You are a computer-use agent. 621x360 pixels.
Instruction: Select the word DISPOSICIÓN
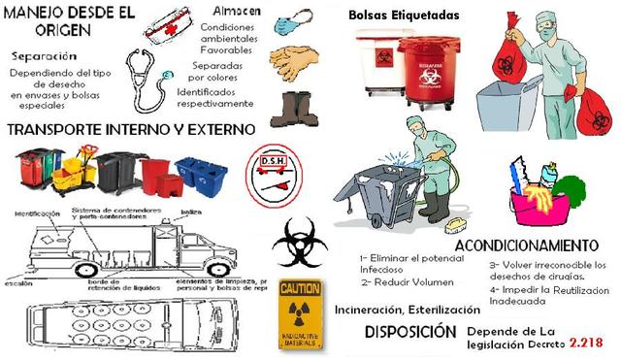point(410,332)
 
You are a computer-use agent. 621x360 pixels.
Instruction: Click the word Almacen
point(233,8)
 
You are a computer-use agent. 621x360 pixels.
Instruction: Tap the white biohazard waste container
point(378,67)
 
